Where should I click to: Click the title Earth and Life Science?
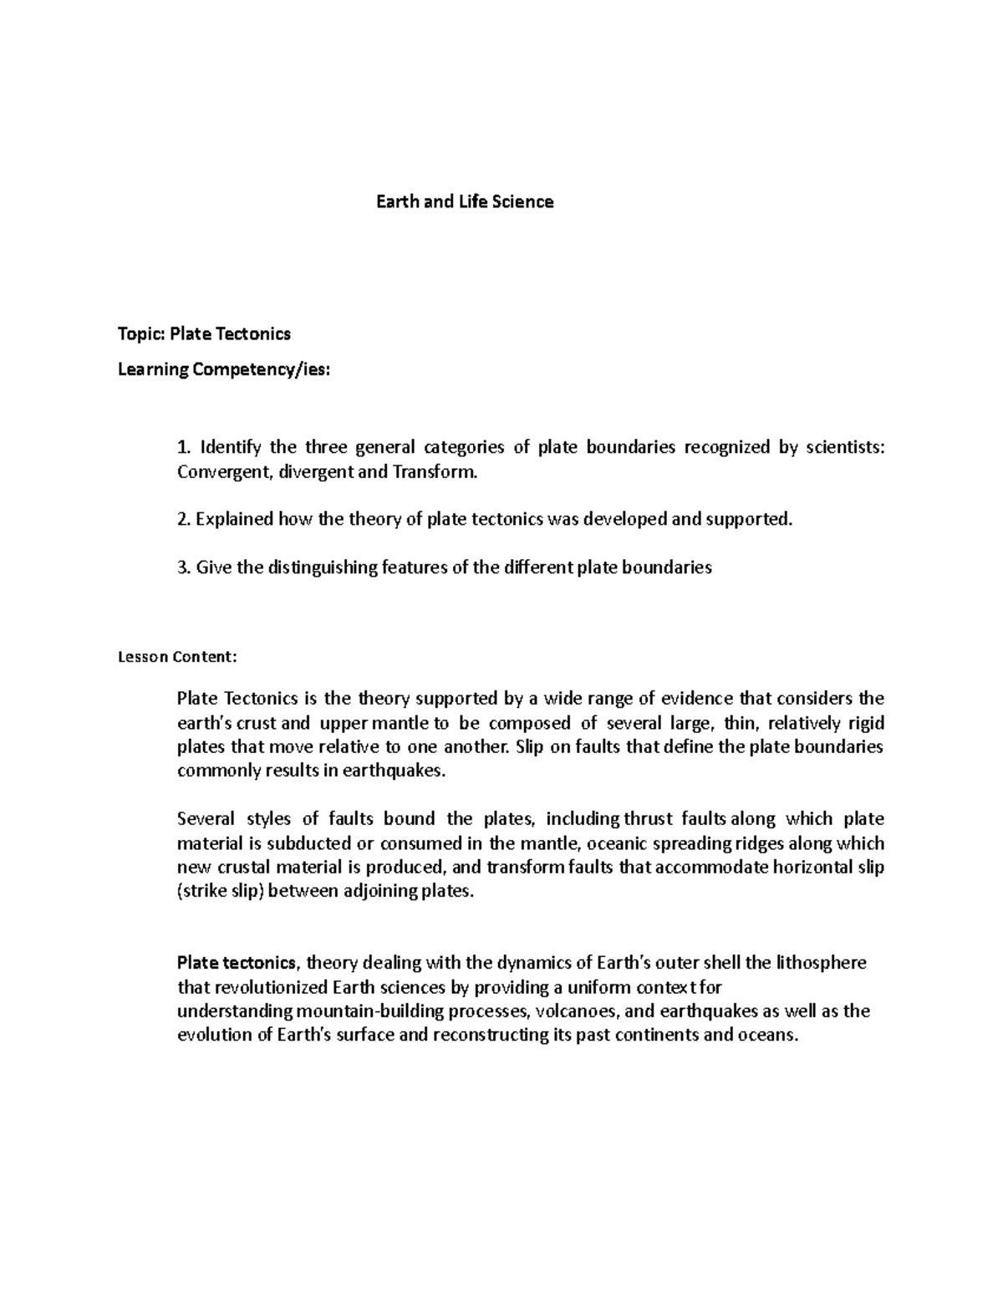pyautogui.click(x=464, y=201)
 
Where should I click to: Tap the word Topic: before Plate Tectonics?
pyautogui.click(x=141, y=334)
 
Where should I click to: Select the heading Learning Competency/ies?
pyautogui.click(x=224, y=369)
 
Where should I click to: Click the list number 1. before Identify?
pyautogui.click(x=184, y=447)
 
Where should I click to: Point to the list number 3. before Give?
pyautogui.click(x=184, y=568)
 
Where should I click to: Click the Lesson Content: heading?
pyautogui.click(x=178, y=657)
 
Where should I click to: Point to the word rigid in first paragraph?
pyautogui.click(x=867, y=723)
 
